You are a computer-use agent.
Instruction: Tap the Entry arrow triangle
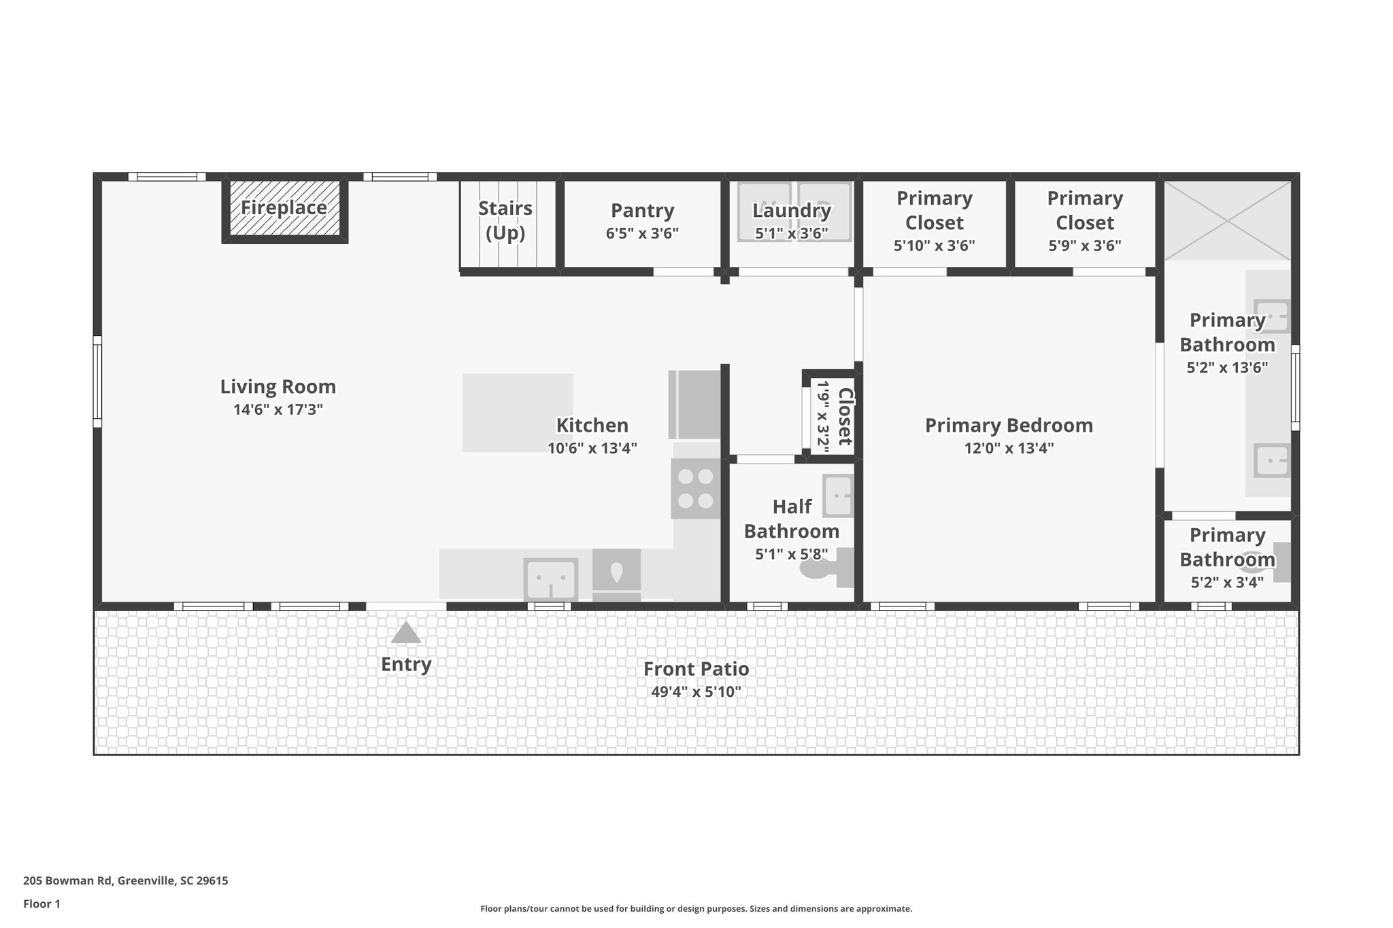[x=406, y=634]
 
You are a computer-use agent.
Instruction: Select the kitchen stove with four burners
[x=695, y=489]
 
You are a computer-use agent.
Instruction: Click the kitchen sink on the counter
[x=550, y=579]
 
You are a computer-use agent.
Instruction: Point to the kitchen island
[x=518, y=412]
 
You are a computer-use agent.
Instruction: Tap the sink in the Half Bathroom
[x=838, y=496]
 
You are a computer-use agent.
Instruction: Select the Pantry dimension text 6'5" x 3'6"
[x=642, y=234]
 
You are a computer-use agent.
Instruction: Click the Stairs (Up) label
[x=505, y=220]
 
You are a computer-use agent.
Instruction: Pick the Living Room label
[x=278, y=387]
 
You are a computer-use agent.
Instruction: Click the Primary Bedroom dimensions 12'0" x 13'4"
[x=1009, y=448]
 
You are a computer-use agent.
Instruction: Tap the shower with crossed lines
[x=1227, y=220]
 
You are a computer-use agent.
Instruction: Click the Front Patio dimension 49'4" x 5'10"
[x=696, y=692]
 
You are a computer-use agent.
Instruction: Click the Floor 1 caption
[x=41, y=904]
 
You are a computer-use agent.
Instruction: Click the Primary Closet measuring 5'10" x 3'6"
[x=934, y=222]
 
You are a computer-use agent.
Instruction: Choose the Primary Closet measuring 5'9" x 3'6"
[x=1084, y=222]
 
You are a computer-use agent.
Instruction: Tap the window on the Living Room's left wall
[x=97, y=381]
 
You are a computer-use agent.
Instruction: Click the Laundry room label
[x=791, y=211]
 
